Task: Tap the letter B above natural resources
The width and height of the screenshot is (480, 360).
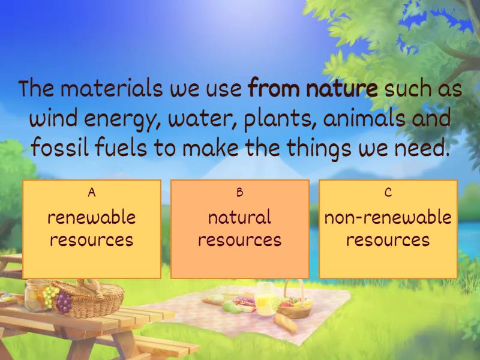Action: pyautogui.click(x=239, y=193)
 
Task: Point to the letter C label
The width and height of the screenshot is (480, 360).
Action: pyautogui.click(x=388, y=193)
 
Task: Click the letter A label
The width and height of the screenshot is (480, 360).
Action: pyautogui.click(x=91, y=193)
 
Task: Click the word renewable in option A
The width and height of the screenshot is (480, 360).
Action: pyautogui.click(x=91, y=217)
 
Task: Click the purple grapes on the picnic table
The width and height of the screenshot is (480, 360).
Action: pyautogui.click(x=62, y=301)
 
